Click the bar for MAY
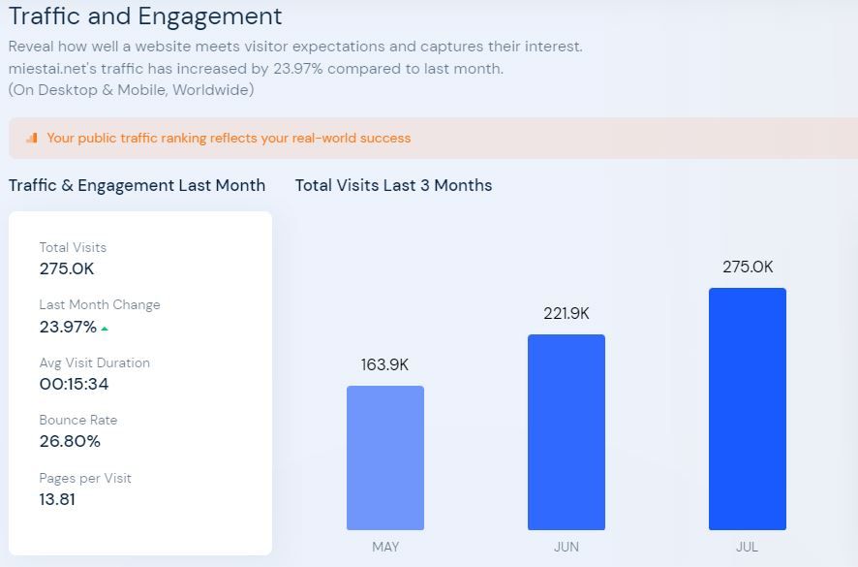coord(385,457)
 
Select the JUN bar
coord(567,432)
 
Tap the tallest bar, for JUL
coord(747,409)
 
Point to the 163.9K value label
coord(385,364)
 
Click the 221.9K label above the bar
coord(567,313)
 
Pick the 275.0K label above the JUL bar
coord(748,267)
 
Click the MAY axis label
coord(385,547)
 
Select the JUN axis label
coord(567,547)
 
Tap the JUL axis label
coord(747,547)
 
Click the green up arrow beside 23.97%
coord(105,329)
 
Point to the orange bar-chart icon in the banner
coord(32,138)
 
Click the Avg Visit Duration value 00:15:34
coord(74,384)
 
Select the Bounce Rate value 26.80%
coord(70,441)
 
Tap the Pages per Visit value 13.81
coord(57,499)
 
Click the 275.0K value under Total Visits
coord(67,268)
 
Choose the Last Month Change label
coord(100,304)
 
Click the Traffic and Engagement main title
coord(145,16)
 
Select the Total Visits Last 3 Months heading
coord(393,185)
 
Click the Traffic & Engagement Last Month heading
coord(137,185)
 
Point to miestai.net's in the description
coord(49,69)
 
